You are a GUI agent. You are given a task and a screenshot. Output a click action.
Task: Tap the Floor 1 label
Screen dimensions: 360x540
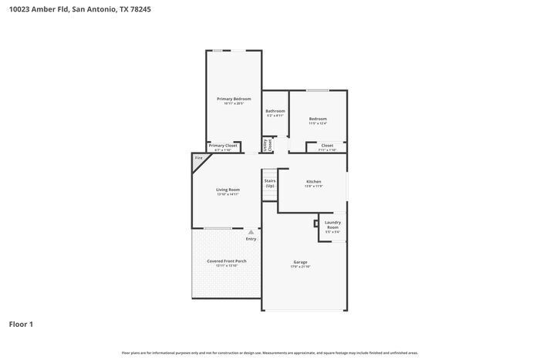coord(22,325)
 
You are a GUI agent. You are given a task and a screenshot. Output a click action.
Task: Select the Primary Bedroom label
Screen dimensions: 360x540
coord(233,99)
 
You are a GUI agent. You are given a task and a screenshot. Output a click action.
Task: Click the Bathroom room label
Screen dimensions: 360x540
coord(275,111)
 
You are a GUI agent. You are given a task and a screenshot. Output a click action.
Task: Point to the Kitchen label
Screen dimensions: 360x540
coord(313,181)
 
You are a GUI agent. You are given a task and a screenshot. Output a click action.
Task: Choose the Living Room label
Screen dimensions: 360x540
coord(228,190)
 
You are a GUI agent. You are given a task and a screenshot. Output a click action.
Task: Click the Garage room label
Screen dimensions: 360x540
coord(300,262)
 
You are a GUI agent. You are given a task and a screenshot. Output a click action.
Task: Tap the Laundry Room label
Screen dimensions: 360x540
coord(332,225)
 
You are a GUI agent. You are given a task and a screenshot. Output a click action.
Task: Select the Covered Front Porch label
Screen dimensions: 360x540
coord(227,261)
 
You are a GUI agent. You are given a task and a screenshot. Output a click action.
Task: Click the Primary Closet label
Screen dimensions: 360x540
coord(224,145)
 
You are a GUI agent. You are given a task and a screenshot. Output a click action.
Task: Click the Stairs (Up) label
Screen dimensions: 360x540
coord(270,183)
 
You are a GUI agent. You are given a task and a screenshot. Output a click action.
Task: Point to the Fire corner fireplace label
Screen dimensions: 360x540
coord(199,158)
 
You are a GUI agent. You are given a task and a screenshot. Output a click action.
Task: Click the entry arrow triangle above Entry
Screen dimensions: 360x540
coord(251,231)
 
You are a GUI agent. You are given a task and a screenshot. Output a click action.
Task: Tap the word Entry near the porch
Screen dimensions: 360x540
coord(251,239)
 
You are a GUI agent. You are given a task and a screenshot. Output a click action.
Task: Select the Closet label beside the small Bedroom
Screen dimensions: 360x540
coord(327,145)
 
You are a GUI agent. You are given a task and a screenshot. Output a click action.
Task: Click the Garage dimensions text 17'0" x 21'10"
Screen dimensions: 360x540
coord(300,267)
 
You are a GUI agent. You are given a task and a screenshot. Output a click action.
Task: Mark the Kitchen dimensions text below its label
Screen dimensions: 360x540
coord(313,186)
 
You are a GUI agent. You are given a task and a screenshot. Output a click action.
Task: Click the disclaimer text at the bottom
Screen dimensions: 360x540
coord(269,352)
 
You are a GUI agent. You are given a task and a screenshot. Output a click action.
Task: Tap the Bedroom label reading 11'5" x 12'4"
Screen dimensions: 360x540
coord(318,123)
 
